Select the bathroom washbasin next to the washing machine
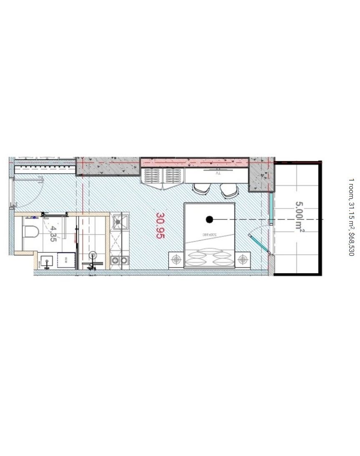pyautogui.click(x=47, y=261)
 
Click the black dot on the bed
pyautogui.click(x=209, y=219)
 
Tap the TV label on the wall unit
pyautogui.click(x=217, y=172)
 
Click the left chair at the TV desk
pyautogui.click(x=201, y=189)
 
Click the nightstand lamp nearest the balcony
pyautogui.click(x=242, y=260)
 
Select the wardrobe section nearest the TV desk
pyautogui.click(x=173, y=176)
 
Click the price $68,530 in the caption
pyautogui.click(x=351, y=244)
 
